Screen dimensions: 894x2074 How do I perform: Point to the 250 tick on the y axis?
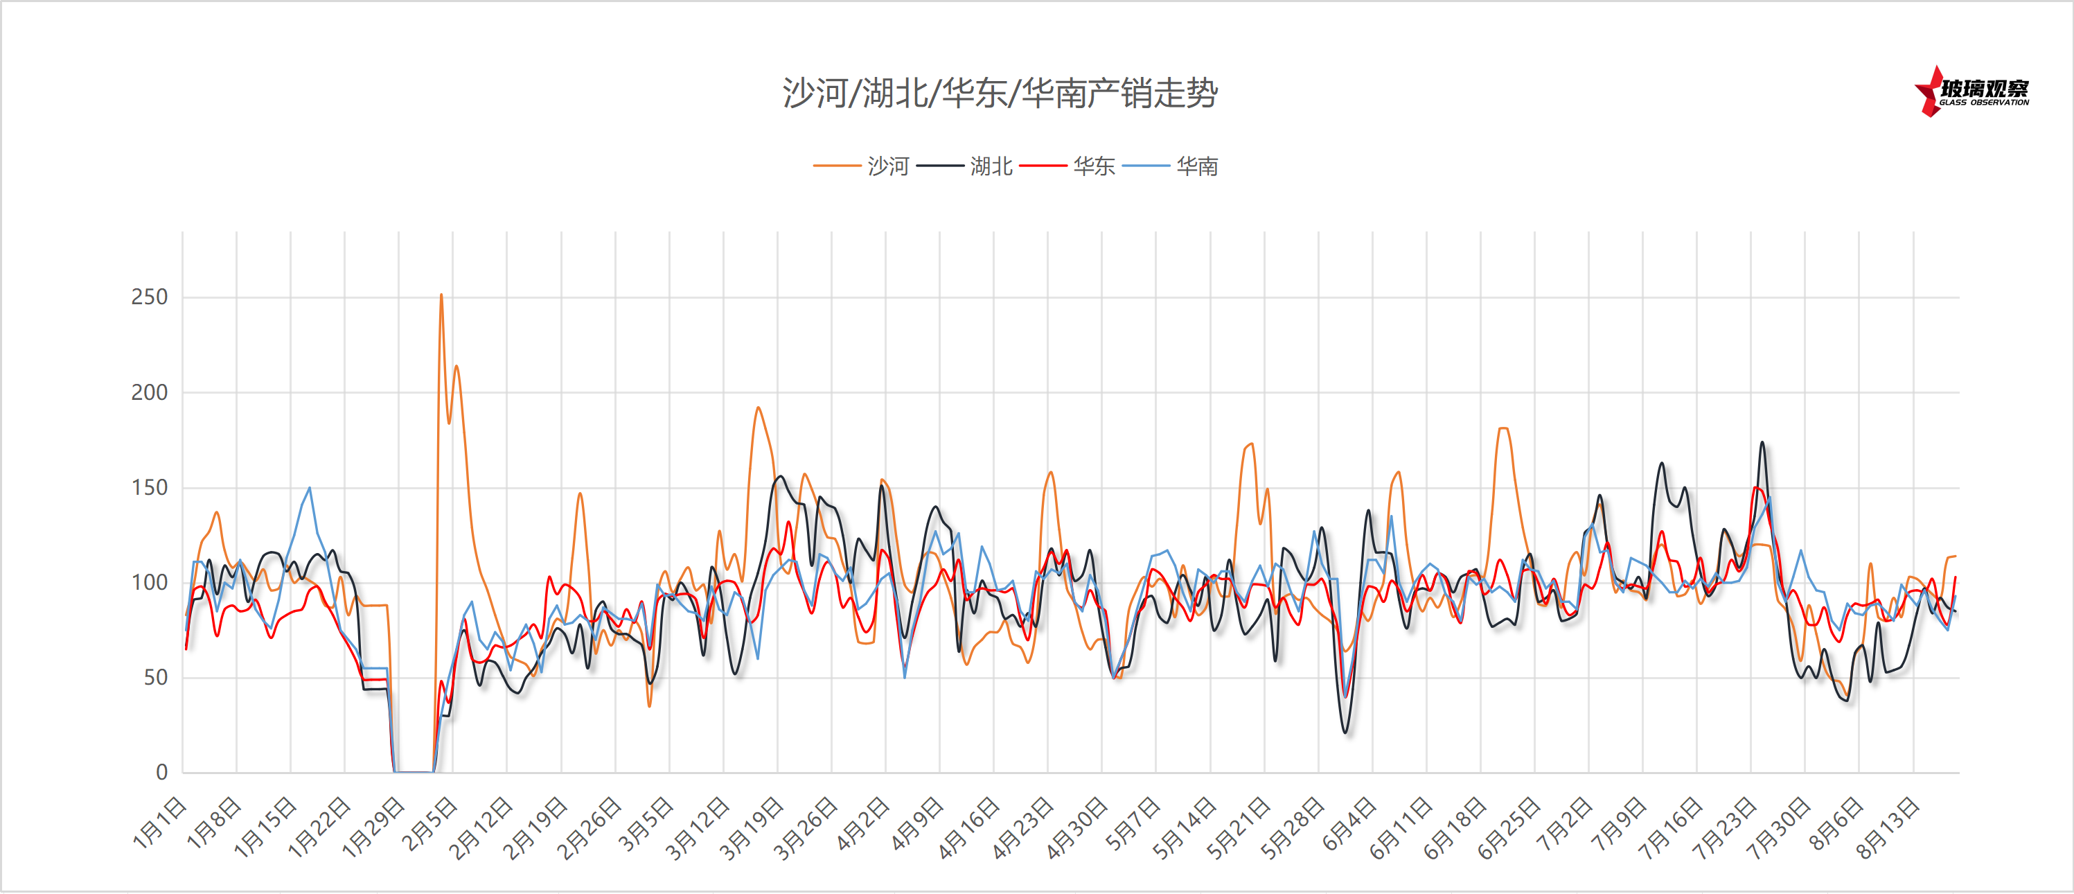(150, 297)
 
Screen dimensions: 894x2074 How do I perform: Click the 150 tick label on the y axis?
(150, 487)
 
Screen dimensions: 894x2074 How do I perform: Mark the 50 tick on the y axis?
(155, 677)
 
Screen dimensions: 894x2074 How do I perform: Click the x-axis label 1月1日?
(160, 823)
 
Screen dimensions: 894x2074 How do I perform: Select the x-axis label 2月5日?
(431, 823)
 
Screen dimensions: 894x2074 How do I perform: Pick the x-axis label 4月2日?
(863, 823)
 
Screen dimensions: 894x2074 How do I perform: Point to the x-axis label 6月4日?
(1350, 823)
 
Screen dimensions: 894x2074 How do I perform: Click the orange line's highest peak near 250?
(441, 295)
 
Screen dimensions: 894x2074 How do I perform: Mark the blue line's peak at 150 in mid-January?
(309, 488)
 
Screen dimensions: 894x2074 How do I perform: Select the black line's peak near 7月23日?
(1762, 442)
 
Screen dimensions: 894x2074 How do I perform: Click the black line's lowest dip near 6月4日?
(1346, 731)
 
